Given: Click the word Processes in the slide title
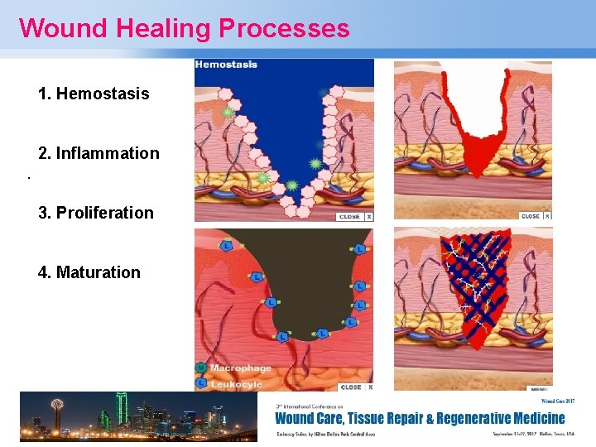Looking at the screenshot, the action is pos(284,28).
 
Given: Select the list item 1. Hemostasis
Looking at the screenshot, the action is pos(94,94).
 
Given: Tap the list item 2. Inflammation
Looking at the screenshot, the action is pos(99,153).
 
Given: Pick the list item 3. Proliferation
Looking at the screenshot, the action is pos(96,213).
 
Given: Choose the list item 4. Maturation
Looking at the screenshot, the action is pos(89,272).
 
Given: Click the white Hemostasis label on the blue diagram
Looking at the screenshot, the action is pos(226,65).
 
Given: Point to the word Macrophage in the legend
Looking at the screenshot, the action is pos(240,368).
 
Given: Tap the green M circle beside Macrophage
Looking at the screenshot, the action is pos(200,368).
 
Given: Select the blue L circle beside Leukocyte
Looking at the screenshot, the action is pos(200,383).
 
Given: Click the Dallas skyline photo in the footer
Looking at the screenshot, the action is pos(137,416).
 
